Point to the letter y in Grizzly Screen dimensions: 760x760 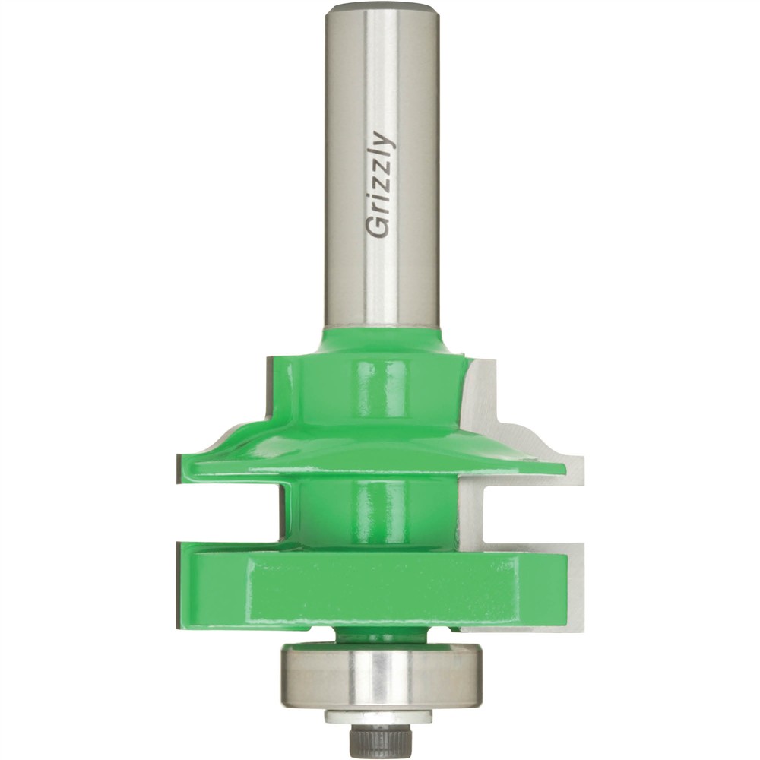pyautogui.click(x=382, y=141)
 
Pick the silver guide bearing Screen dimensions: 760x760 pyautogui.click(x=380, y=676)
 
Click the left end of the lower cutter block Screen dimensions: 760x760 pyautogui.click(x=182, y=585)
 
